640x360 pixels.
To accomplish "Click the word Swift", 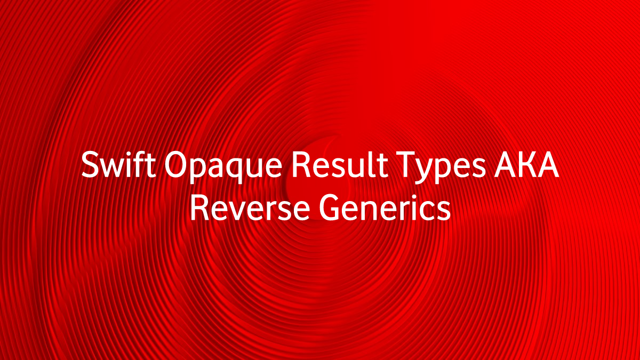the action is click(x=118, y=165).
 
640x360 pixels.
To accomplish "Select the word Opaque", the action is click(x=223, y=167).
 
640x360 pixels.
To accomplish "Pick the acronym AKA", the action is click(x=526, y=165).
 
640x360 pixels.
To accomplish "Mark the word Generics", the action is click(x=385, y=207).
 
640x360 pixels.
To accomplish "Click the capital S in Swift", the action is click(x=90, y=165).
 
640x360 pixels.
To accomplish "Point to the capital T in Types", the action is click(x=407, y=165).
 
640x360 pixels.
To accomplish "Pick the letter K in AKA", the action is click(x=526, y=165).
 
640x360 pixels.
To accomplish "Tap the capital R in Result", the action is click(x=301, y=165).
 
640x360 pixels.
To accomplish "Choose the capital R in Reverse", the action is click(x=199, y=207).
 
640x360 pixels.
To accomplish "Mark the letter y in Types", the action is click(x=426, y=171).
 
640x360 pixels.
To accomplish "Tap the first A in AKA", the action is click(x=506, y=165).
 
